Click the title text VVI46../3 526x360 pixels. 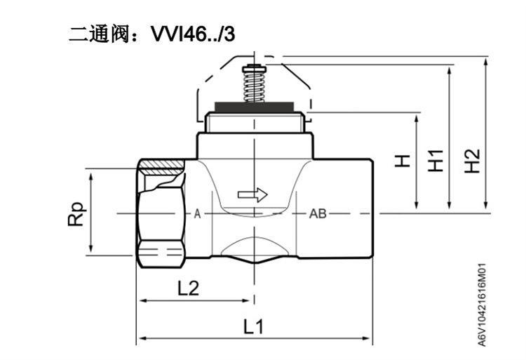pyautogui.click(x=193, y=34)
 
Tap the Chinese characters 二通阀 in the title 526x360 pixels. pyautogui.click(x=99, y=34)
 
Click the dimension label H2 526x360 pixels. pyautogui.click(x=472, y=161)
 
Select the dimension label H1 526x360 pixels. pyautogui.click(x=436, y=161)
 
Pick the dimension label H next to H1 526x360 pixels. pyautogui.click(x=403, y=161)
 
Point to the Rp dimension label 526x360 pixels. pyautogui.click(x=76, y=214)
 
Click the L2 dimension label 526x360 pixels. pyautogui.click(x=188, y=288)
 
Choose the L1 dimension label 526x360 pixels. pyautogui.click(x=254, y=326)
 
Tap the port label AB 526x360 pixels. pyautogui.click(x=318, y=214)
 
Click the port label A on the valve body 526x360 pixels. pyautogui.click(x=197, y=214)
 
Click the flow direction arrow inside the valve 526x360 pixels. pyautogui.click(x=252, y=194)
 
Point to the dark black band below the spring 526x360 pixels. pyautogui.click(x=255, y=107)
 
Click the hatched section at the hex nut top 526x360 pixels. pyautogui.click(x=162, y=167)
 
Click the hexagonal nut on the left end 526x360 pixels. pyautogui.click(x=161, y=213)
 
